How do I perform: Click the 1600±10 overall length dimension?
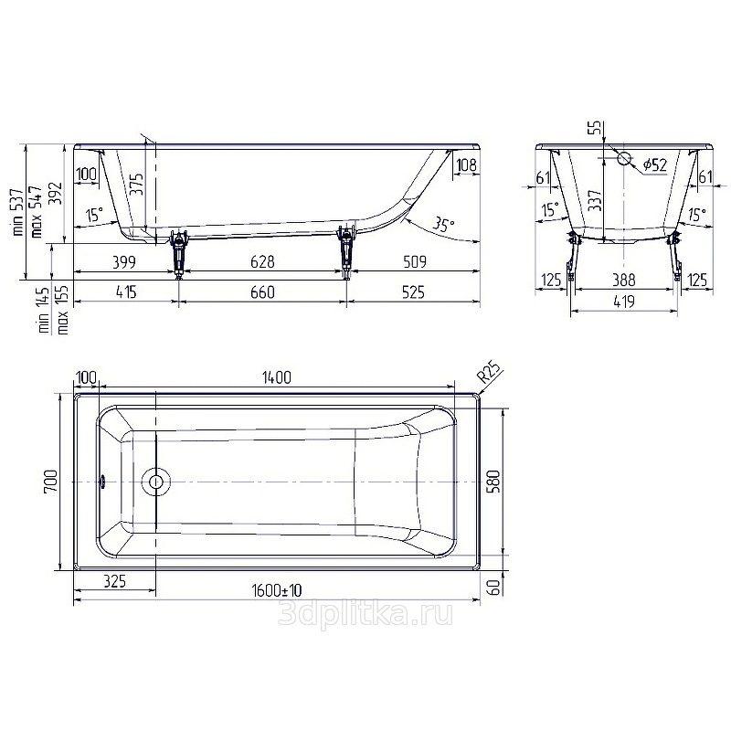point(277,590)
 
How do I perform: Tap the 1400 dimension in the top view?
point(277,377)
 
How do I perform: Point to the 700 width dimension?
point(50,482)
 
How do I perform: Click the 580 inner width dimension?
point(493,482)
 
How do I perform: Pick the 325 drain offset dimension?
point(114,581)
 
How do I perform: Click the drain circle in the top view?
point(155,482)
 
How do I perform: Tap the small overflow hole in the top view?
point(103,482)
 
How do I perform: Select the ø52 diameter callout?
point(654,164)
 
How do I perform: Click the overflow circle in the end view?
point(624,158)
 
